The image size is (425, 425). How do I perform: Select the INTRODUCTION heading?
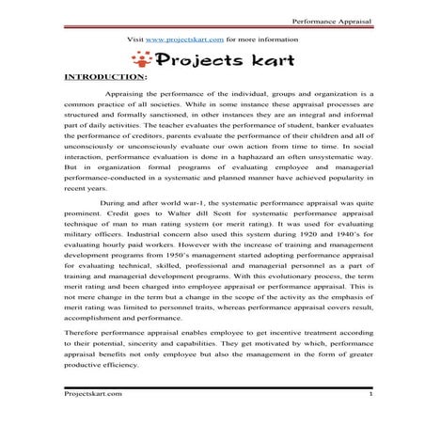(102, 79)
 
